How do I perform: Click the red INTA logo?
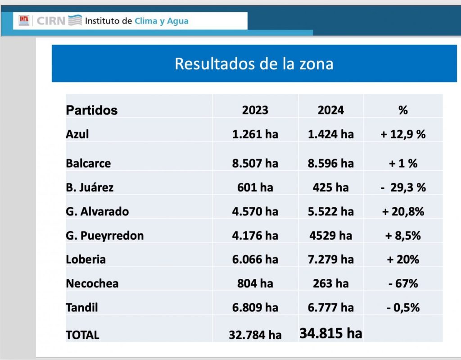(24, 20)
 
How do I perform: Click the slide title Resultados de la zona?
(254, 64)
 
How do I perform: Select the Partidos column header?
(91, 110)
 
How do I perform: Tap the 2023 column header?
(255, 110)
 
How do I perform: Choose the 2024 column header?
(330, 110)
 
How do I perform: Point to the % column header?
(403, 110)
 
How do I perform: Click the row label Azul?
(77, 134)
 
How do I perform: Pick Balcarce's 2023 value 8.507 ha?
(255, 163)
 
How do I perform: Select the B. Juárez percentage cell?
(403, 187)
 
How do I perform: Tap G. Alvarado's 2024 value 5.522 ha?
(330, 211)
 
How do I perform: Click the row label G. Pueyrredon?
(104, 235)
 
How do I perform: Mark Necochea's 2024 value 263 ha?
(330, 283)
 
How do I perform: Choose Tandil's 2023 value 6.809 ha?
(255, 307)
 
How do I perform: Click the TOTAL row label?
(82, 335)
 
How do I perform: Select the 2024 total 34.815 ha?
(330, 333)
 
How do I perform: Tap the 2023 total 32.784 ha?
(255, 335)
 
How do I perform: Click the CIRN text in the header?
(50, 21)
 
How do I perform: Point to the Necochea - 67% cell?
(403, 283)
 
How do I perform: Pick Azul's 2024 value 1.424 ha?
(330, 134)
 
